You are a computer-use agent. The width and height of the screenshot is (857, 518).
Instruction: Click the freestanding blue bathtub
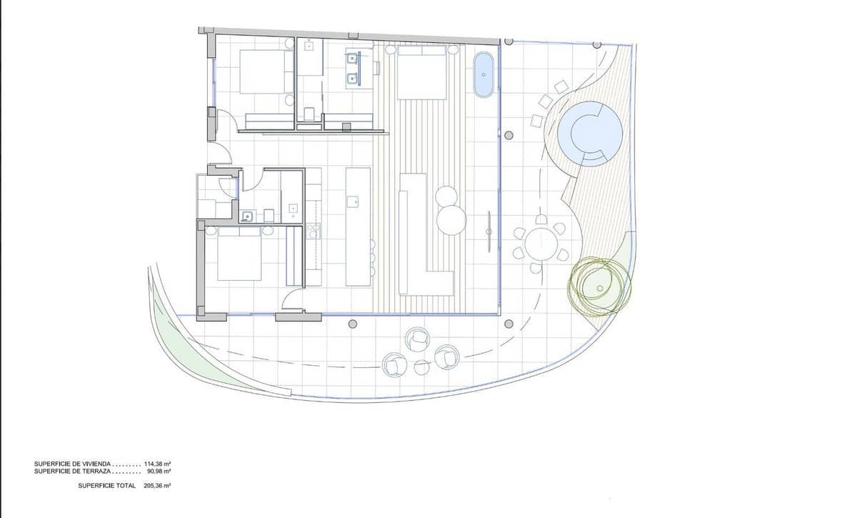483,74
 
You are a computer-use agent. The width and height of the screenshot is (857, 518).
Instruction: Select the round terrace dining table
541,244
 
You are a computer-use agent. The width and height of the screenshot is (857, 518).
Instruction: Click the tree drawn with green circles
599,287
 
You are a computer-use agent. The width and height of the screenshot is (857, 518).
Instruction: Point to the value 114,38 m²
157,464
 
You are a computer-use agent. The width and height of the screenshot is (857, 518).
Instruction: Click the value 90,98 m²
159,471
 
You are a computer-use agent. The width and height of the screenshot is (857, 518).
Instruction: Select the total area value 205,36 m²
157,485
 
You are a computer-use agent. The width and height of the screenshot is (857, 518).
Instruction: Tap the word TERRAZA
96,471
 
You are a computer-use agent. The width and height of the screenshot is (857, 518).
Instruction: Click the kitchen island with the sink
358,226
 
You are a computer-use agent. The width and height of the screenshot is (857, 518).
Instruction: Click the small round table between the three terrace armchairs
421,366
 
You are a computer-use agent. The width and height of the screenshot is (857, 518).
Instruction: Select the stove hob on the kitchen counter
312,230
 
